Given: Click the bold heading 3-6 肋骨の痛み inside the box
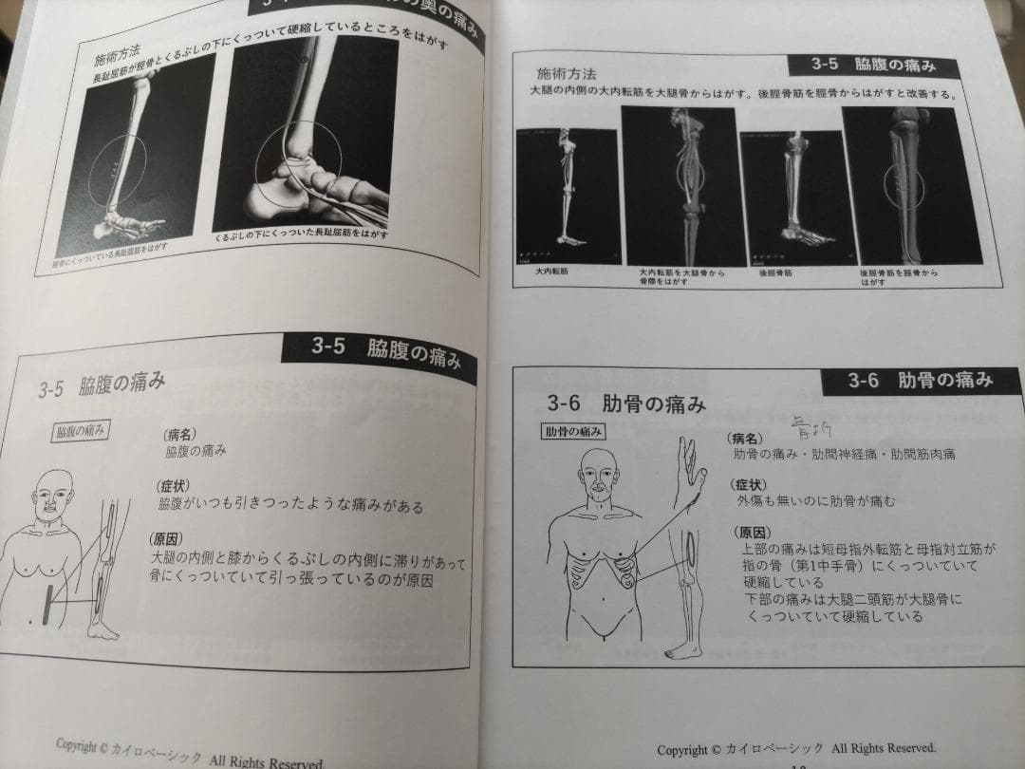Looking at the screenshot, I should [x=626, y=403].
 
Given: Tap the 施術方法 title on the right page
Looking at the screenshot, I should [x=568, y=73].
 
